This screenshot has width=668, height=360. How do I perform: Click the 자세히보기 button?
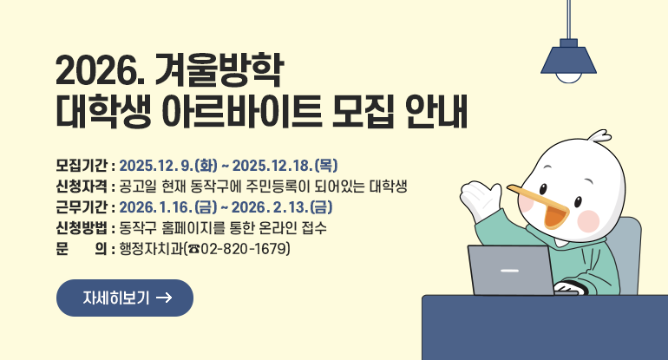pos(124,298)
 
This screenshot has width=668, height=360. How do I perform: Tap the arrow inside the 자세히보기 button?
pos(163,298)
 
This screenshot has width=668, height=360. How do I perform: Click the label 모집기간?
pos(82,165)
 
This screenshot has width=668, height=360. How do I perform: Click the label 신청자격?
pos(82,187)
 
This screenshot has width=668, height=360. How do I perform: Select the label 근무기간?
pos(82,207)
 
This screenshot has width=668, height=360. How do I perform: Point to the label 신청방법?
pos(82,229)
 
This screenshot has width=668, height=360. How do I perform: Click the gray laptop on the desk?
pos(510,270)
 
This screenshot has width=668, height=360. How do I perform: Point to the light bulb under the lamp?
pos(569,76)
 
